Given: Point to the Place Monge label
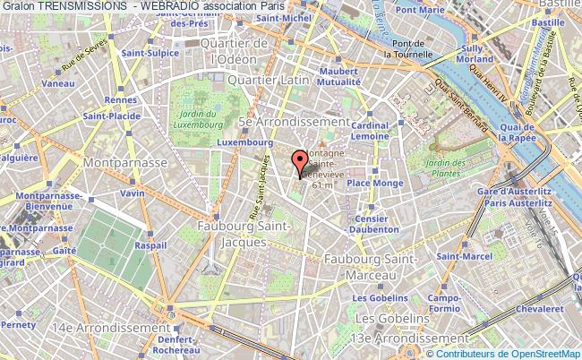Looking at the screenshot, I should (x=372, y=183).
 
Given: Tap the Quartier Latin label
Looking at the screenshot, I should (x=269, y=80).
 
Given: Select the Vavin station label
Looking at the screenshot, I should (x=133, y=193).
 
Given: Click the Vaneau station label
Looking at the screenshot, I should (x=57, y=82).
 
